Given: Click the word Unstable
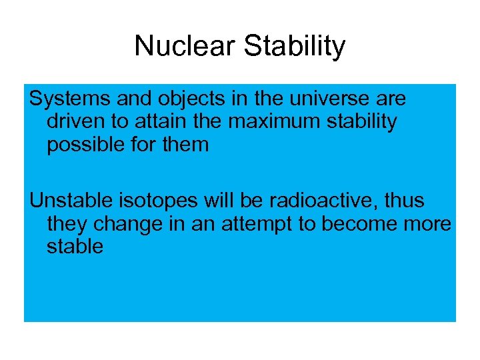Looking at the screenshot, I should click(x=71, y=201).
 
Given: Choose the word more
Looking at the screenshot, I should click(x=425, y=224).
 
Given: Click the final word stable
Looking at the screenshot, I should click(x=75, y=247).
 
